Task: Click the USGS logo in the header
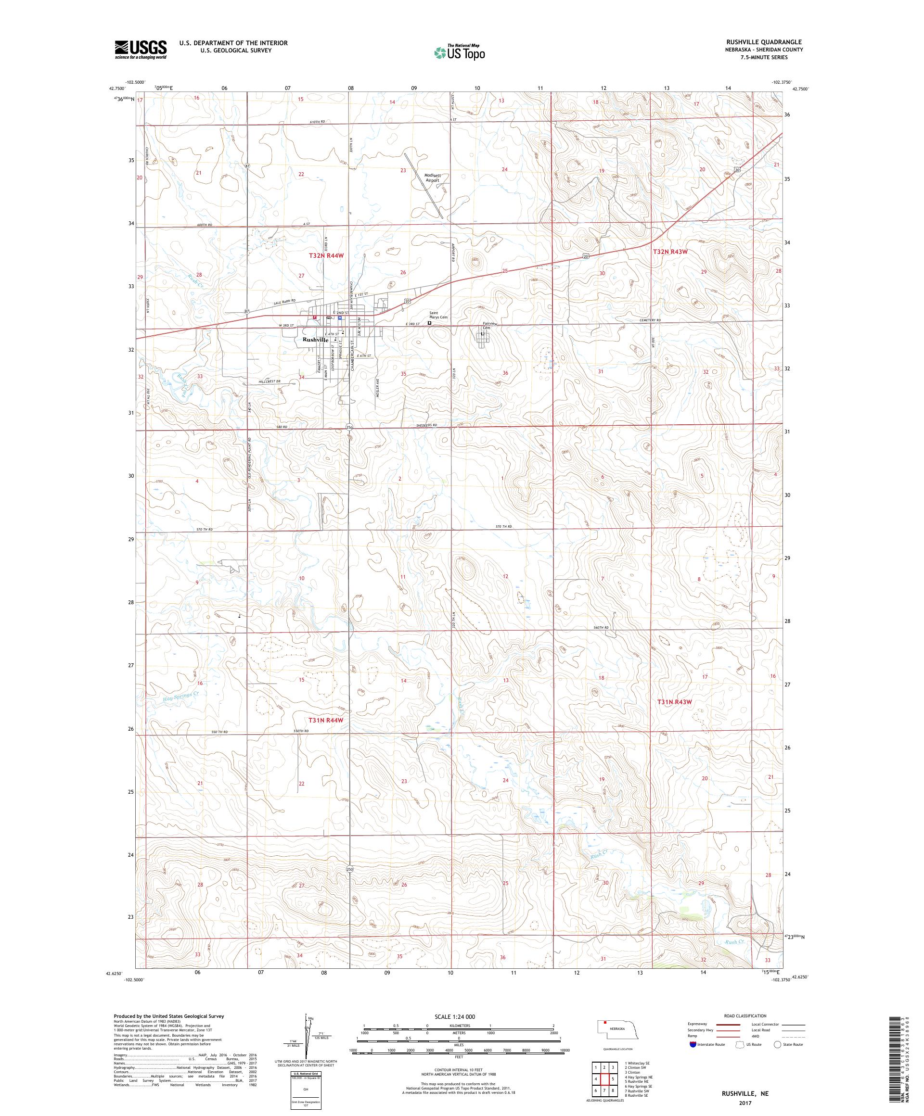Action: click(x=141, y=50)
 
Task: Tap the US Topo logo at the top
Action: click(x=460, y=52)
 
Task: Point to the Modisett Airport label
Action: click(x=432, y=178)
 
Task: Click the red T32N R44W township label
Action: click(x=326, y=255)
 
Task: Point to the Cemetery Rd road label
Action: click(x=650, y=320)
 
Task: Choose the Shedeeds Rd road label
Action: click(x=426, y=425)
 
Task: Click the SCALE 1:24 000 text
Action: click(x=458, y=1016)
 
